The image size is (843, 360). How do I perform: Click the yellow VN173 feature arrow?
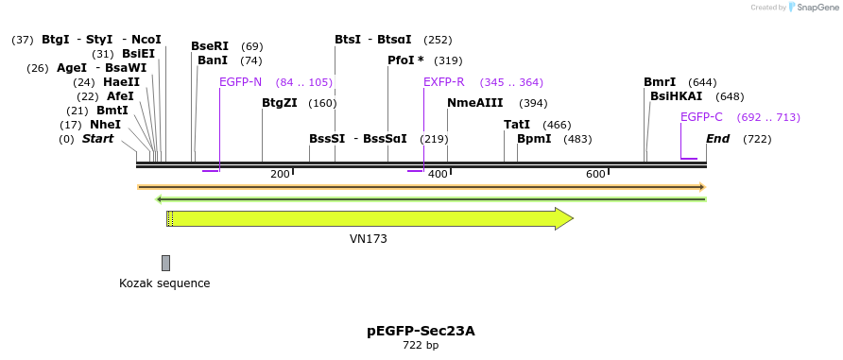tap(369, 218)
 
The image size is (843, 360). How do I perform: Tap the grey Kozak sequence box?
tap(165, 263)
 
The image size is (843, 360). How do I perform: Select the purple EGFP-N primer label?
tap(240, 82)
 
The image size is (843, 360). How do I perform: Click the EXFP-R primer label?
tap(443, 82)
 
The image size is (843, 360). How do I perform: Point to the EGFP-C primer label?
tap(701, 117)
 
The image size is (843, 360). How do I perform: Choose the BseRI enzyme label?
tap(210, 46)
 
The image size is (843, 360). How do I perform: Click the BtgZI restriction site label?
tap(280, 103)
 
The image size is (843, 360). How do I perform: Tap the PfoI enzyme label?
tap(405, 60)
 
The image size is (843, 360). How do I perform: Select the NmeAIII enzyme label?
tap(474, 103)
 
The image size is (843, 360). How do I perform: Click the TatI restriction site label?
tap(517, 125)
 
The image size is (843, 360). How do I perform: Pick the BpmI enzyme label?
tap(534, 139)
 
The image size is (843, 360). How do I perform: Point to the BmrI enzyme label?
tap(660, 82)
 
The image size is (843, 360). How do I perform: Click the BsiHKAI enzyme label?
tap(676, 96)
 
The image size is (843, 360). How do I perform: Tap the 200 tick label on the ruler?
tap(280, 174)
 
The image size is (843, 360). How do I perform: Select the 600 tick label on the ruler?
tap(595, 174)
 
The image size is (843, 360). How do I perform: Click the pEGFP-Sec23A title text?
tap(421, 331)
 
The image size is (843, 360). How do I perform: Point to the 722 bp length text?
tap(421, 346)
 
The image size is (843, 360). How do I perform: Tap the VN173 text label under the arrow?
tap(369, 239)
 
